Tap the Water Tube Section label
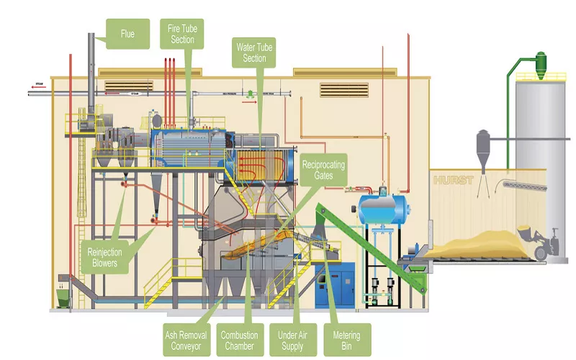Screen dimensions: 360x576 (256, 53)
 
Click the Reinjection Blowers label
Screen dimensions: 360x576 (107, 258)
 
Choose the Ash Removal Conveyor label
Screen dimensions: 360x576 (184, 340)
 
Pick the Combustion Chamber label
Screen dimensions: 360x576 (239, 340)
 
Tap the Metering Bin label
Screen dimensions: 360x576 (347, 340)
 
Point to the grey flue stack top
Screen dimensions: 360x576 (92, 43)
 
